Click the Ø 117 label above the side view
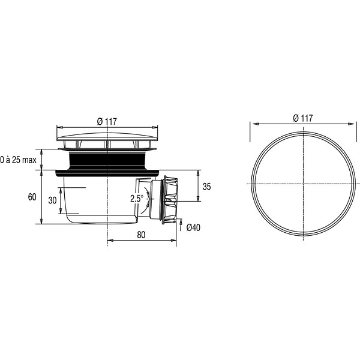pos(107,121)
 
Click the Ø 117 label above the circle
pos(303,118)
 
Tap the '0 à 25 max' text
pos(19,160)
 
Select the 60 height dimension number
pos(32,197)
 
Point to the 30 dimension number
pos(52,200)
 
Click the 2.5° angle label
pos(137,199)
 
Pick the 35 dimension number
pos(206,187)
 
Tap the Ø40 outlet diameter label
pos(193,227)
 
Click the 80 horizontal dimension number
pos(141,235)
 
